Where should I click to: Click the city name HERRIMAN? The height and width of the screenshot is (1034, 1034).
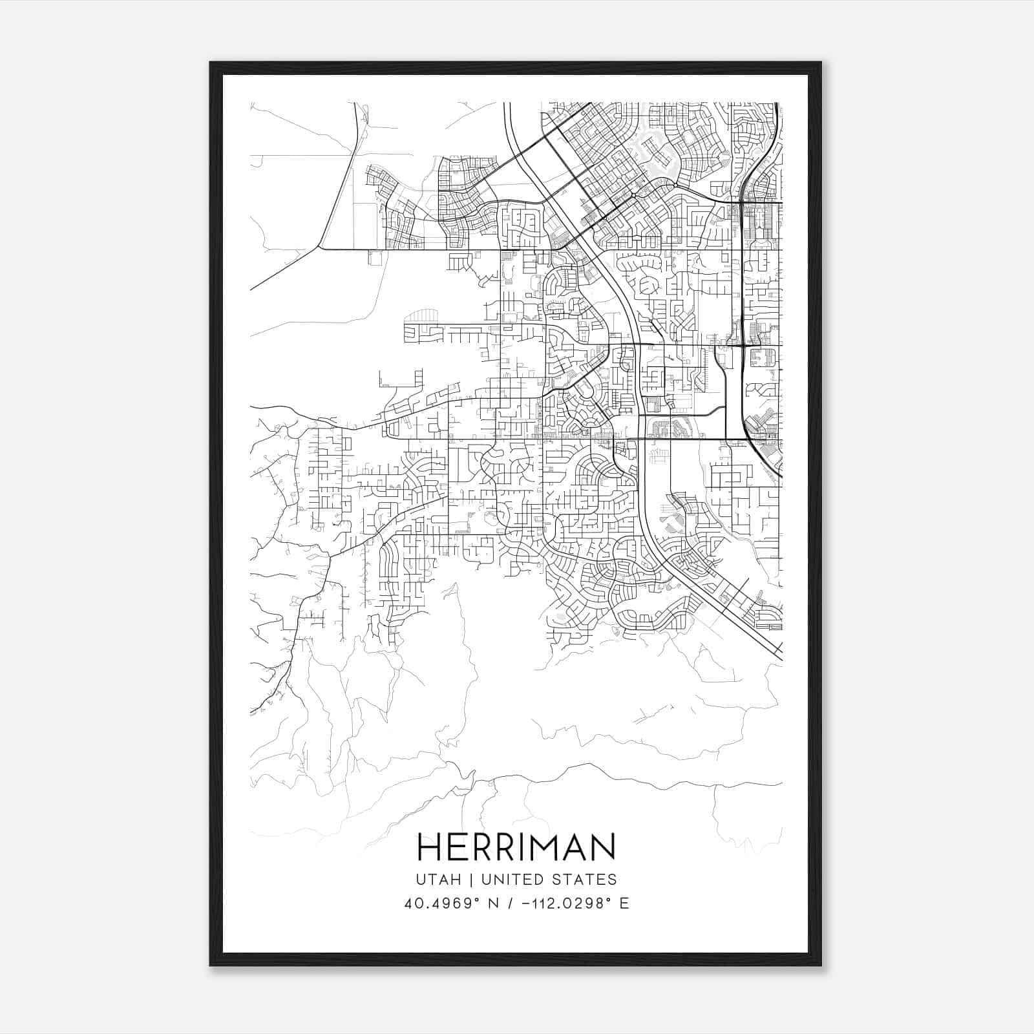click(x=516, y=847)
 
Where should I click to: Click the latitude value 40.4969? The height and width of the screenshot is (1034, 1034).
click(x=437, y=903)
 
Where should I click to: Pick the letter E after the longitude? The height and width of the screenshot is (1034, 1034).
click(x=624, y=903)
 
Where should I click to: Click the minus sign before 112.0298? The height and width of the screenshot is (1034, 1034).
click(x=528, y=903)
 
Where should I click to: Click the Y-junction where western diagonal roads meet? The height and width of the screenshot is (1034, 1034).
click(x=319, y=247)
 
